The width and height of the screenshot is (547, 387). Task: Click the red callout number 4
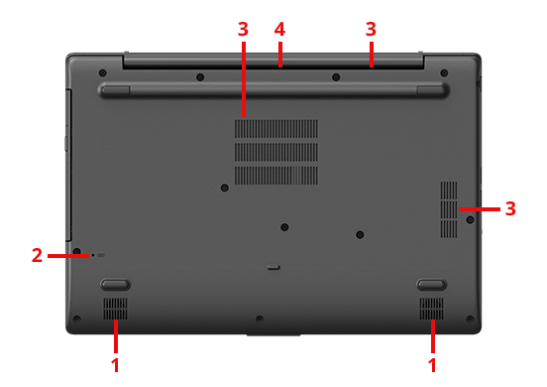coord(279,30)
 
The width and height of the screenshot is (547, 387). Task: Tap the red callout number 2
coord(37,255)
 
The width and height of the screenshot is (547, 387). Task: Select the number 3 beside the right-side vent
coord(510,208)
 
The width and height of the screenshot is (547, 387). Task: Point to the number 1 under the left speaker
coord(116,365)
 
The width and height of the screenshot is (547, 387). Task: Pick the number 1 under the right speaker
coord(432,365)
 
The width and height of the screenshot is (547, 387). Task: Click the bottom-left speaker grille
coord(115,309)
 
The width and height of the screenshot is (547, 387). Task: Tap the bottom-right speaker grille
coord(432,309)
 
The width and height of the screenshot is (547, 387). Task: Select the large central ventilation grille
coord(276,152)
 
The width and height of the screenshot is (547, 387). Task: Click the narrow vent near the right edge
coord(449,209)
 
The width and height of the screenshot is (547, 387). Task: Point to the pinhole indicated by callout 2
coord(93,256)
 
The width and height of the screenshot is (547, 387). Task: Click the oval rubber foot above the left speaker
coord(115,285)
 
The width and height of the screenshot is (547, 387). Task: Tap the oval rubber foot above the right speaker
coord(432,285)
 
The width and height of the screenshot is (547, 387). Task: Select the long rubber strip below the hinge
coord(273,90)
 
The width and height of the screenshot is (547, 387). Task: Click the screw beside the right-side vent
coord(470,219)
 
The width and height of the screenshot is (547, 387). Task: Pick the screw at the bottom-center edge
coord(260,319)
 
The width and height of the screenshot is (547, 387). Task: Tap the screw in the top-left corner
coord(102,73)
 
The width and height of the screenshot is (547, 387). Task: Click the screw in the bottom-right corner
coord(470,319)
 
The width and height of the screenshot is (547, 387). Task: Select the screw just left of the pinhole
coord(77,251)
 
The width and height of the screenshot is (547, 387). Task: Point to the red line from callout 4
coord(280,55)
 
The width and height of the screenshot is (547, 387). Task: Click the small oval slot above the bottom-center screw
coord(273,268)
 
